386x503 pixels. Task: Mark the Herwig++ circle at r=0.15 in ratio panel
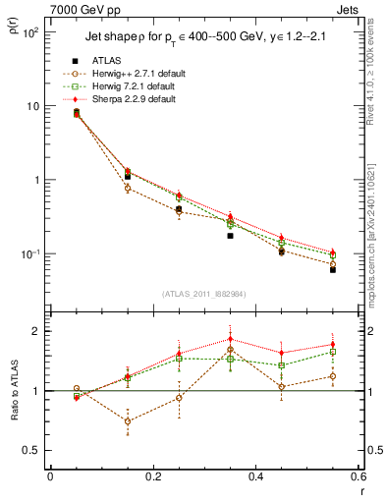127,421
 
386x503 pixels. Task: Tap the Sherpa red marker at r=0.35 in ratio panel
230,339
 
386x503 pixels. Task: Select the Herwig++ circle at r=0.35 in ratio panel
230,350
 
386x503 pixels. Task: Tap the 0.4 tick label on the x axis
255,476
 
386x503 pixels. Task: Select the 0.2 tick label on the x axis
152,476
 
